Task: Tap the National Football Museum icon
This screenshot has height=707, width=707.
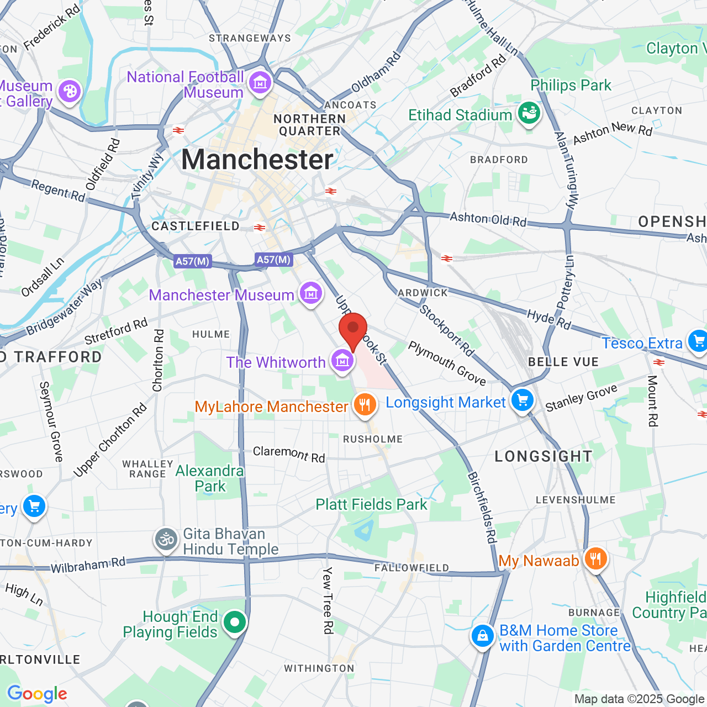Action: pos(260,83)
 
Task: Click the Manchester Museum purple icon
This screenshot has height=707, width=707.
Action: pos(310,293)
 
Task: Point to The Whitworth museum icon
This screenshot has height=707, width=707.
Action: pos(342,361)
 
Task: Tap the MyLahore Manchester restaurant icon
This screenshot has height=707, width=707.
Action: pos(364,405)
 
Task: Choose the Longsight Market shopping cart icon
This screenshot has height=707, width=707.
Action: pos(522,400)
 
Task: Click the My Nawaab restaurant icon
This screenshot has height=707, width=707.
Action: pos(595,559)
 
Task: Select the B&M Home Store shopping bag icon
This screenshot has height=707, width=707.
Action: pos(482,636)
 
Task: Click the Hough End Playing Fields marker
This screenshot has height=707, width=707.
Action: pos(235,622)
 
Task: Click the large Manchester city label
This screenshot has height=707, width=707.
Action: pos(257,160)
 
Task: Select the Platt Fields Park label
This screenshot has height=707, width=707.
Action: pos(371,504)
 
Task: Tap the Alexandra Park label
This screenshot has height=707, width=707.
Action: pos(209,478)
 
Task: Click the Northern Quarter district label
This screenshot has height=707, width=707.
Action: pos(309,125)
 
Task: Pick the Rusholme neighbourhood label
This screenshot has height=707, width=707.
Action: pos(373,439)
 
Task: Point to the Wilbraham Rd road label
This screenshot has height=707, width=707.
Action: pos(88,565)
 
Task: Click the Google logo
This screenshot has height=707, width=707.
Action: pos(37,694)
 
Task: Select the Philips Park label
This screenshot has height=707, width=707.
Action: pos(571,85)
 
